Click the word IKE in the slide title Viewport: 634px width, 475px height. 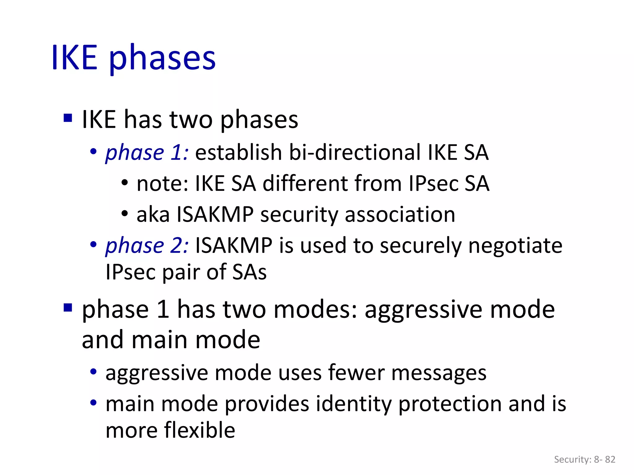coord(74,58)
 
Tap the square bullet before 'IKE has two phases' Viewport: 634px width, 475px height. coord(67,118)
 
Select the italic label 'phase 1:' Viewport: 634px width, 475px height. coord(147,152)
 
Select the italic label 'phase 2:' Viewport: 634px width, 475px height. coord(147,246)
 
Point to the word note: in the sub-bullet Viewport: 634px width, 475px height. coord(162,184)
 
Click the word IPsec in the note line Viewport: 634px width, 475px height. coord(433,184)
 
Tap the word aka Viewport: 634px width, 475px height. coord(153,215)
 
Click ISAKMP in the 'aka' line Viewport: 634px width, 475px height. coord(215,215)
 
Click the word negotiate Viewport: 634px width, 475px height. coord(515,246)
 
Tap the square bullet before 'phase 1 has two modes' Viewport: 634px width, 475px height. coord(67,308)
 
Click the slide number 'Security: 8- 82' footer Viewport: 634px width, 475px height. coord(584,459)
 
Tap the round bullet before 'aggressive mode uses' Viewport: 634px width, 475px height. coord(93,372)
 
